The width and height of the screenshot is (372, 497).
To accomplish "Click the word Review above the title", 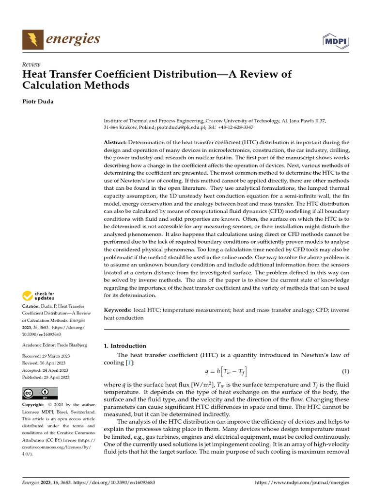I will (31, 65).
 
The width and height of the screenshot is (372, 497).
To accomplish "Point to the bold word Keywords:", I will (118, 310).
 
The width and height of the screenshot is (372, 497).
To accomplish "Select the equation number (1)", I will (345, 372).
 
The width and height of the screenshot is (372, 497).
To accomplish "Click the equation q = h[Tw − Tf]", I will (226, 372).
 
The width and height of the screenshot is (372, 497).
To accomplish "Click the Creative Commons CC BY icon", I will (40, 393).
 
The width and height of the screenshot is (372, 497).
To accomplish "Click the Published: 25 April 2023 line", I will (46, 377).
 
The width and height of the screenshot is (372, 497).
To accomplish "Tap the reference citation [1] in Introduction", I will (129, 363).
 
